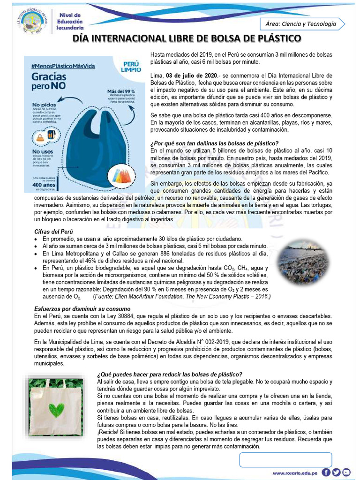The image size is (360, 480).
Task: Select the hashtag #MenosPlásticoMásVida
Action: (63, 66)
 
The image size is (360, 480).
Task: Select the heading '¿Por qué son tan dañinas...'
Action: (215, 143)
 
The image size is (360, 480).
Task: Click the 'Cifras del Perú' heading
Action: (54, 232)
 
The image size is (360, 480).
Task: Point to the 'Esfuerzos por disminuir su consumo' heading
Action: (82, 309)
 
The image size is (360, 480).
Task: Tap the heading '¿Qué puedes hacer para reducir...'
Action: (169, 374)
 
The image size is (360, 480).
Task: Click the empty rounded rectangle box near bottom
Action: (285, 459)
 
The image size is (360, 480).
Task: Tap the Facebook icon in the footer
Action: (326, 472)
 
